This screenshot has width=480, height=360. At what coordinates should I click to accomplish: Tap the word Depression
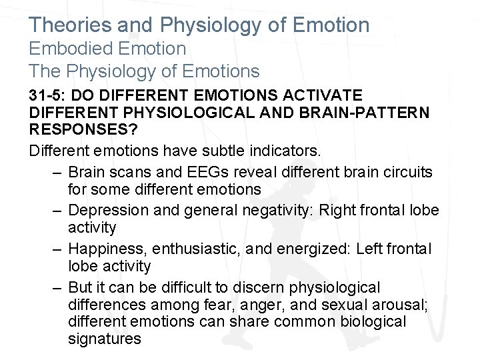(x=108, y=211)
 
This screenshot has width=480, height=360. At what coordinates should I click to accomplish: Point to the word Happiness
(x=107, y=249)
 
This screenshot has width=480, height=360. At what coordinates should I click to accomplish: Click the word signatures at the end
(x=104, y=339)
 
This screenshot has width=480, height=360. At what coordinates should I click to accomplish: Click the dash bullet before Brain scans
(x=59, y=172)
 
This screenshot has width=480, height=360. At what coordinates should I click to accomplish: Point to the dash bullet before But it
(x=59, y=288)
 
